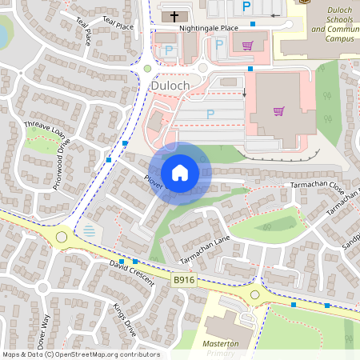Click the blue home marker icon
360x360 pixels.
click(x=180, y=173)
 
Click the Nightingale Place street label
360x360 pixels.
click(x=209, y=28)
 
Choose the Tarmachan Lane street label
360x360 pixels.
click(x=206, y=250)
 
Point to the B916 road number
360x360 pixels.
click(x=184, y=279)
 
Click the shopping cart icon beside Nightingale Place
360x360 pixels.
click(x=248, y=46)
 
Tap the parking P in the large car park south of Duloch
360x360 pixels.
click(x=210, y=114)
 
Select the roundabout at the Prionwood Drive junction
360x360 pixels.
click(x=62, y=237)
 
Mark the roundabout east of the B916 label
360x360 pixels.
click(x=255, y=295)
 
